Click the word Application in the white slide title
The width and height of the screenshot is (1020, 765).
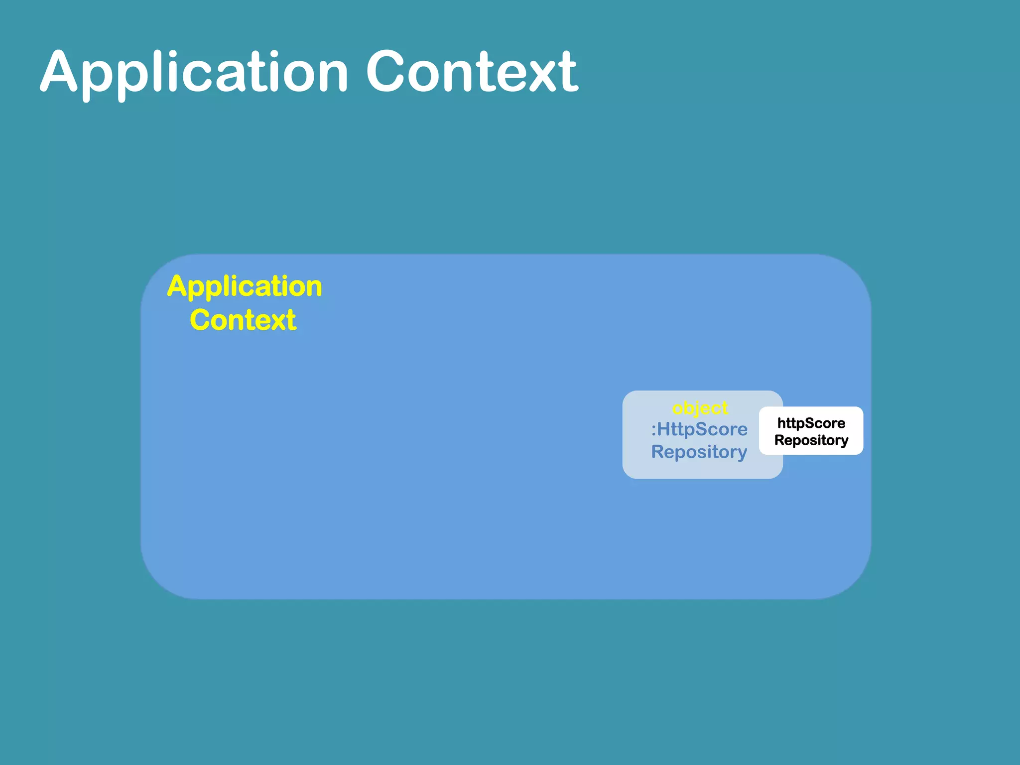pos(194,72)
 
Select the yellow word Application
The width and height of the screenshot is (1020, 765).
pos(245,287)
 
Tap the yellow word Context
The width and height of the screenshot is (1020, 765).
pos(243,320)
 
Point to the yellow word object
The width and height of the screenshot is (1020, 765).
pos(700,408)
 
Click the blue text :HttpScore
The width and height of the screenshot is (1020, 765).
pos(699,429)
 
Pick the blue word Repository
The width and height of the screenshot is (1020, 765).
pos(699,452)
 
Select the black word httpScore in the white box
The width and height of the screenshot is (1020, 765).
pos(811,423)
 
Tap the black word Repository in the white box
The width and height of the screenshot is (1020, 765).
pos(811,440)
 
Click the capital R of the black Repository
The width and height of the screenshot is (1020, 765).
pos(779,440)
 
